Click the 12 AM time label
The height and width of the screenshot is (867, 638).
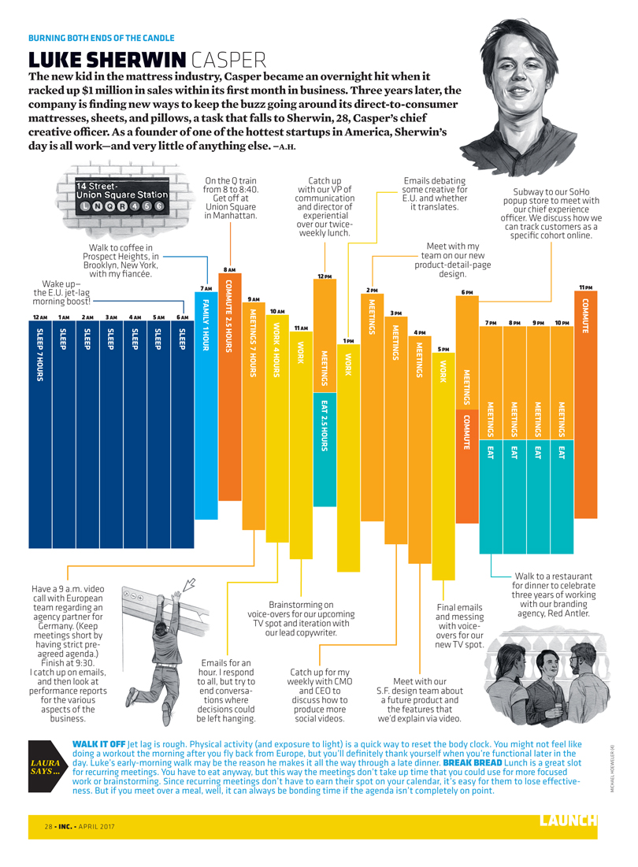point(39,317)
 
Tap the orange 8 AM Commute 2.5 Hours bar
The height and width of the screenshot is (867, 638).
point(230,386)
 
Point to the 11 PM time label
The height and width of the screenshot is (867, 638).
point(585,287)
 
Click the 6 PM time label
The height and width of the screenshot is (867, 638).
point(467,293)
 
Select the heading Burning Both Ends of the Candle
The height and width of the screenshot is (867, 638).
point(102,38)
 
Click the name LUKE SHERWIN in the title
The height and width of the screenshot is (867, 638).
point(107,60)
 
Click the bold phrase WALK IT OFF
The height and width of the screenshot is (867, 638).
point(98,743)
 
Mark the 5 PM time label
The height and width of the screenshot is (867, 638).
point(443,349)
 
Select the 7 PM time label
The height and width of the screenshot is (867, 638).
point(491,323)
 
